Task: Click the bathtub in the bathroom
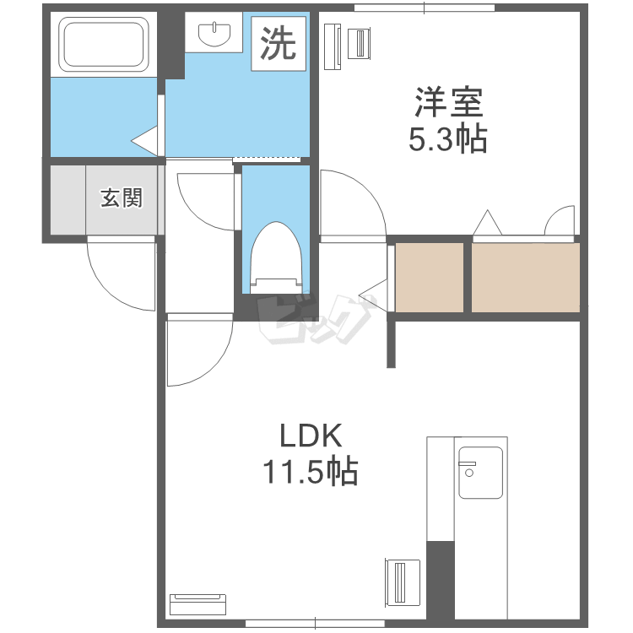point(103,45)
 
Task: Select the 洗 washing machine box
point(279,44)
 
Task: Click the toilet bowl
point(276,257)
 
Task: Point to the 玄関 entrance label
point(122,197)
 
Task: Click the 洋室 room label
point(448,102)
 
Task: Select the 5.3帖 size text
point(448,138)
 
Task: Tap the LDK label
point(311,436)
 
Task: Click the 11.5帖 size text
point(311,470)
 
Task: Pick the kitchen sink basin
point(480,473)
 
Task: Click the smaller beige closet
point(429,278)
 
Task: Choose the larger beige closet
point(526,278)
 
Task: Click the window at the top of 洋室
point(425,8)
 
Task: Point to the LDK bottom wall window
point(316,624)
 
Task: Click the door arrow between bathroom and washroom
point(144,141)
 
